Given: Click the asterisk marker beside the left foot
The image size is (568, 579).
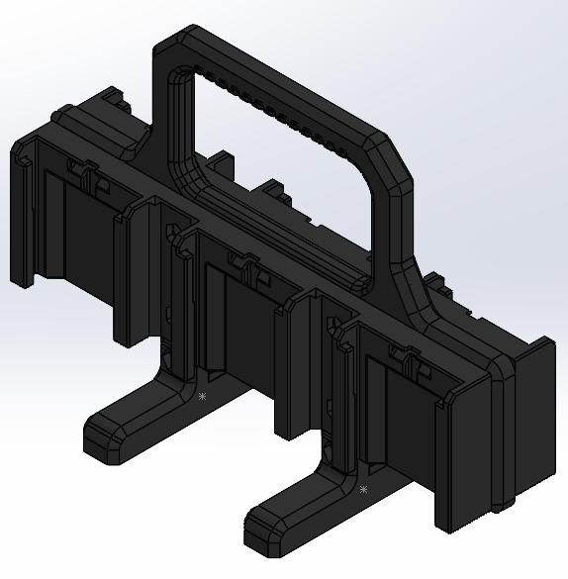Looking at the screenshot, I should coord(202,396).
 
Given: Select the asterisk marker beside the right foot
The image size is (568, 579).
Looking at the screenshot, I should coord(363,489).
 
